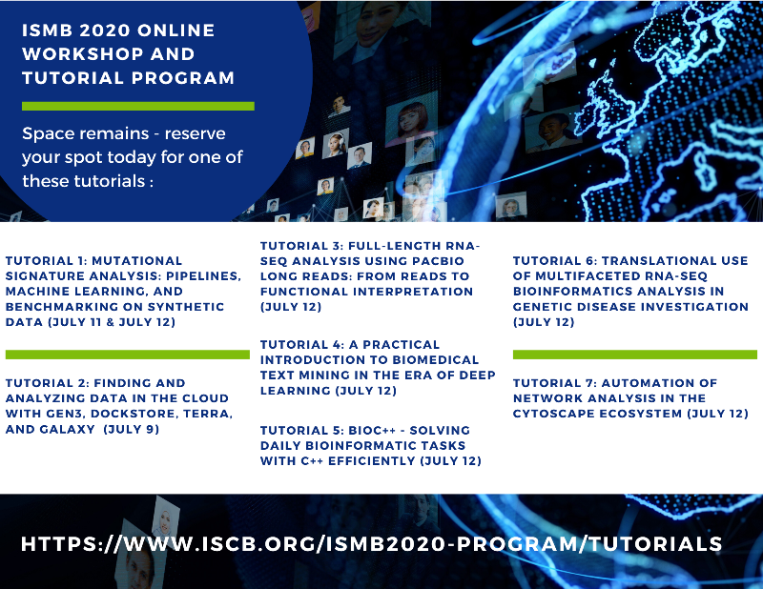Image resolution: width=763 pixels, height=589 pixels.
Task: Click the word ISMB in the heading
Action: (x=47, y=30)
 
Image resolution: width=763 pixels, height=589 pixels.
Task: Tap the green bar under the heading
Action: (x=138, y=106)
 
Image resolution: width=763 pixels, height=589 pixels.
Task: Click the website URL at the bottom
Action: (x=371, y=544)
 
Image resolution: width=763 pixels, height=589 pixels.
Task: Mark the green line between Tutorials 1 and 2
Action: (x=127, y=354)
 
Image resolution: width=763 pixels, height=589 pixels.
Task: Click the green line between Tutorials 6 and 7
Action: (x=634, y=354)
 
